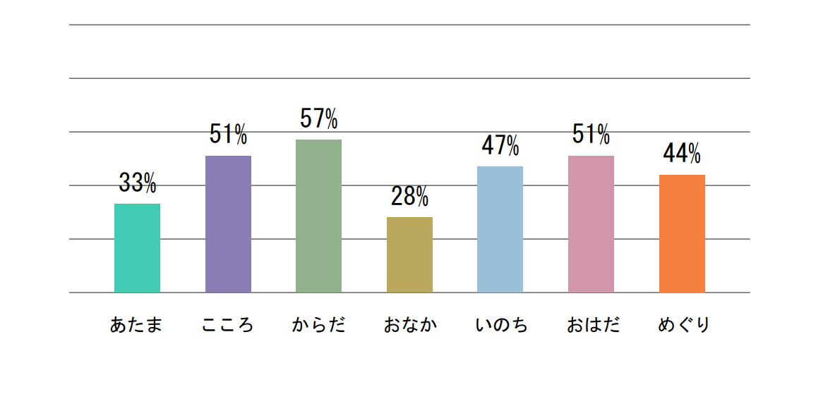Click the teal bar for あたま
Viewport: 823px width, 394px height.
137,247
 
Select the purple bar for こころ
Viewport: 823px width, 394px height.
228,223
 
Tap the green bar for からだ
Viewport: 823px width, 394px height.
318,216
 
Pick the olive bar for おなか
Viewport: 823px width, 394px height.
409,254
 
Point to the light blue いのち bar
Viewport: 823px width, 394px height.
500,229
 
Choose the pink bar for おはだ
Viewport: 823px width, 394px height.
591,223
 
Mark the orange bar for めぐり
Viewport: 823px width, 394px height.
682,233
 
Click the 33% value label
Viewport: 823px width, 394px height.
137,183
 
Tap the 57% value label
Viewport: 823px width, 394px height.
318,119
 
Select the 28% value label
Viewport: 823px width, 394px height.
409,197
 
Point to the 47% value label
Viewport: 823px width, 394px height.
500,146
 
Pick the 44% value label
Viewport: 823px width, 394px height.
682,153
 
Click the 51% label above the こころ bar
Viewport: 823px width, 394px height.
228,134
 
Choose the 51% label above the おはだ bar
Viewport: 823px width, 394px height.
591,134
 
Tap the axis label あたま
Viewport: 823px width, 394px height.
137,326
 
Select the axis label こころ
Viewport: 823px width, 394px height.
227,326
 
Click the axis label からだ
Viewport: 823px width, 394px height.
318,326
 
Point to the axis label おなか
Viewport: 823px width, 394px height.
409,326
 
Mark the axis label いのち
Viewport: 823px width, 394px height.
500,326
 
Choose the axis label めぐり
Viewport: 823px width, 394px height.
683,326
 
